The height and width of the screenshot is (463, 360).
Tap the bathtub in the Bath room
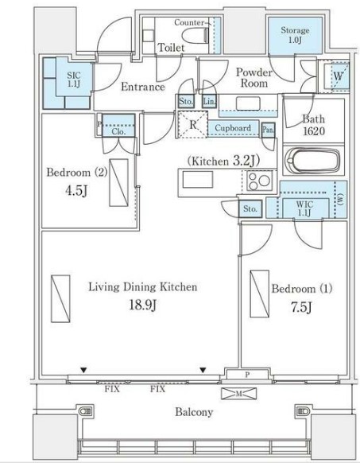point(313,161)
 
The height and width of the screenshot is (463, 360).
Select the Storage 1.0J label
point(295,35)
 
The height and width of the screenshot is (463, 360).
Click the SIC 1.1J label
point(73,80)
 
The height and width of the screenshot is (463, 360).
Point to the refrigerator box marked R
point(192,124)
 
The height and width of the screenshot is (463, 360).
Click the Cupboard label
point(233,128)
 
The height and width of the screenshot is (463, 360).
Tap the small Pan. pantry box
point(269,130)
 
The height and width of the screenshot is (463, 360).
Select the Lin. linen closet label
point(209,101)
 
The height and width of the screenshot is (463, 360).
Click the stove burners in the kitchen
point(259,181)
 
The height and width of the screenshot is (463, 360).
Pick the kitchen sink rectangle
point(198,180)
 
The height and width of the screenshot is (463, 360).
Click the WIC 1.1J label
point(305,208)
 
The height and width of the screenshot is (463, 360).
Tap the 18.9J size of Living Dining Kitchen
point(142,305)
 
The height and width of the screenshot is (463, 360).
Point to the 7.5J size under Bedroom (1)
point(301,307)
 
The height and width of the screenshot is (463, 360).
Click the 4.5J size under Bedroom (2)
point(76,191)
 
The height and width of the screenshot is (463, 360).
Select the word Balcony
point(194,412)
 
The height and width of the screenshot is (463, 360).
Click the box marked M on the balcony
point(238,393)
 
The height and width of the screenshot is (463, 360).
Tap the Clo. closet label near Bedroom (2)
point(118,131)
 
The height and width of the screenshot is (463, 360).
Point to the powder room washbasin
point(248,103)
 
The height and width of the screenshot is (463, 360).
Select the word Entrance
point(143,87)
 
